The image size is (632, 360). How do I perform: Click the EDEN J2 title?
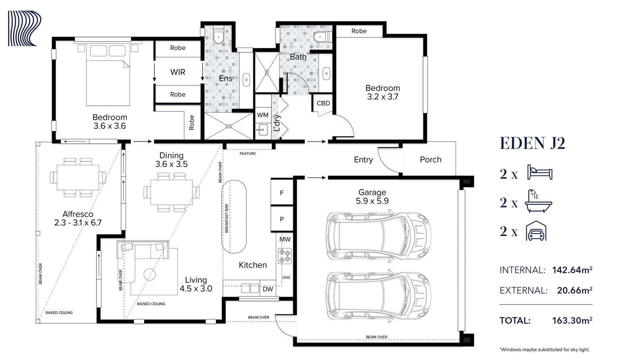tap(532, 143)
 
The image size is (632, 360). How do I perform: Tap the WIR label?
tap(178, 72)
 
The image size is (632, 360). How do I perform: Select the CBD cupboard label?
tap(323, 103)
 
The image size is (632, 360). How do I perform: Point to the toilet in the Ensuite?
tap(218, 36)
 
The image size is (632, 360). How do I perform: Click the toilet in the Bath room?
tap(322, 36)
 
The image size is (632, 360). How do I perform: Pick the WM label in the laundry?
tap(263, 115)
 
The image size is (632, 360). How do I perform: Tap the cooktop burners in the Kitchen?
tap(285, 256)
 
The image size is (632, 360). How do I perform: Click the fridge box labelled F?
tap(282, 192)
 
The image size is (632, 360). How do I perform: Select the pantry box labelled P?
tap(282, 219)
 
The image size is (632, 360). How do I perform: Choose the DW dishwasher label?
tap(268, 289)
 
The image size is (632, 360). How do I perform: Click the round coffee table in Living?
tap(150, 275)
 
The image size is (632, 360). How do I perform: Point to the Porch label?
tap(431, 160)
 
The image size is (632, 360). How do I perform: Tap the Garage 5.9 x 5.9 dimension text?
tap(372, 201)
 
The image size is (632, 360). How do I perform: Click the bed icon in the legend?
tap(540, 172)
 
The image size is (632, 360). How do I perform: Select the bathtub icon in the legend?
tap(538, 201)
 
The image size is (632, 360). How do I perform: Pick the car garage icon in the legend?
tap(536, 231)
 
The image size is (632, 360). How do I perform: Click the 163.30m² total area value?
tap(572, 320)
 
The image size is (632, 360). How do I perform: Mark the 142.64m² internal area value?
tap(572, 270)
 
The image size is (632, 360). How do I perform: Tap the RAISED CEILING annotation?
tap(151, 304)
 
